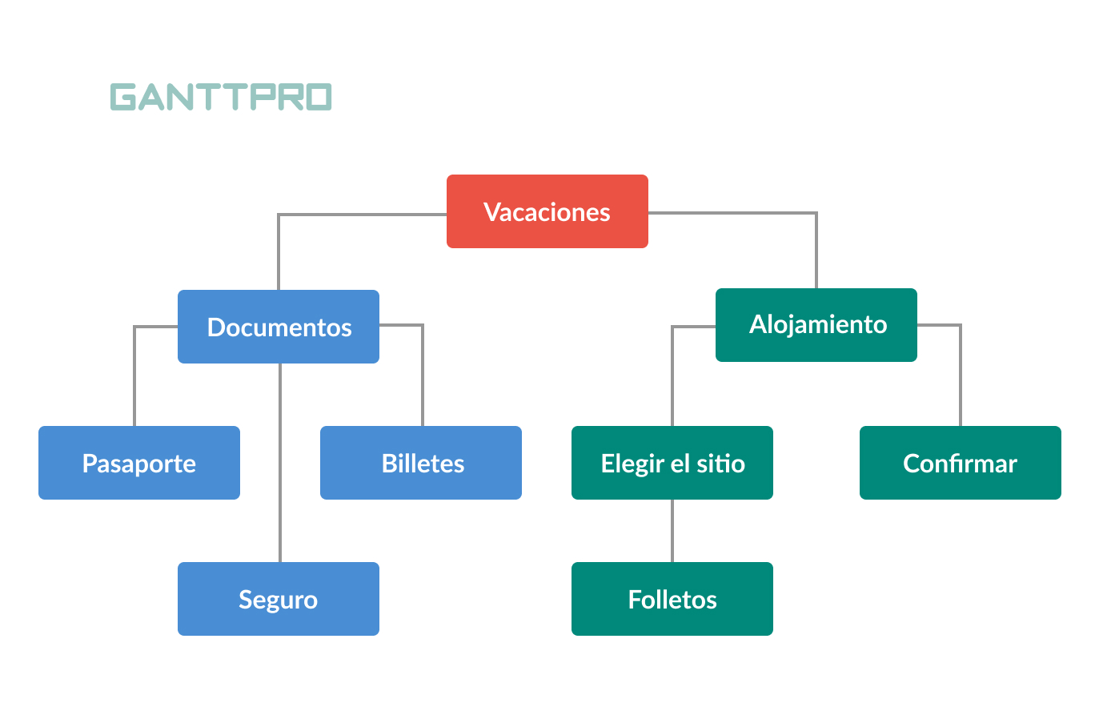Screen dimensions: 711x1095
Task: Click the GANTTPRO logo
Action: coord(220,97)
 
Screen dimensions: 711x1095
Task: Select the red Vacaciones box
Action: coord(547,211)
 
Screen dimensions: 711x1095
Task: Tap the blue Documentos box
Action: coord(279,327)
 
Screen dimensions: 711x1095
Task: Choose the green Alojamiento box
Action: coord(816,324)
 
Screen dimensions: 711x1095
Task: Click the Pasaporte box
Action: coord(139,463)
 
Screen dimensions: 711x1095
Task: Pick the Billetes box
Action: coord(421,463)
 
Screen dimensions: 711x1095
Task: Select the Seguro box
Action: coord(279,599)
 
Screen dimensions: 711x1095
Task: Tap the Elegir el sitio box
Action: coord(672,463)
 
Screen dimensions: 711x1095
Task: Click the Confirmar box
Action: coord(961,463)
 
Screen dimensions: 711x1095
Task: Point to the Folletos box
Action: coord(672,599)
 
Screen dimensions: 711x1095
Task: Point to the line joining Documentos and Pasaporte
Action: coord(134,376)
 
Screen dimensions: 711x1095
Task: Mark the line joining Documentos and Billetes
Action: coord(423,376)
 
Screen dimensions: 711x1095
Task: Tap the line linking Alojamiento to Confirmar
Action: coord(961,376)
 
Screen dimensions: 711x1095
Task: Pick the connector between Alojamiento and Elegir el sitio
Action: coord(672,376)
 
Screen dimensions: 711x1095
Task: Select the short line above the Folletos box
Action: coord(672,530)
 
